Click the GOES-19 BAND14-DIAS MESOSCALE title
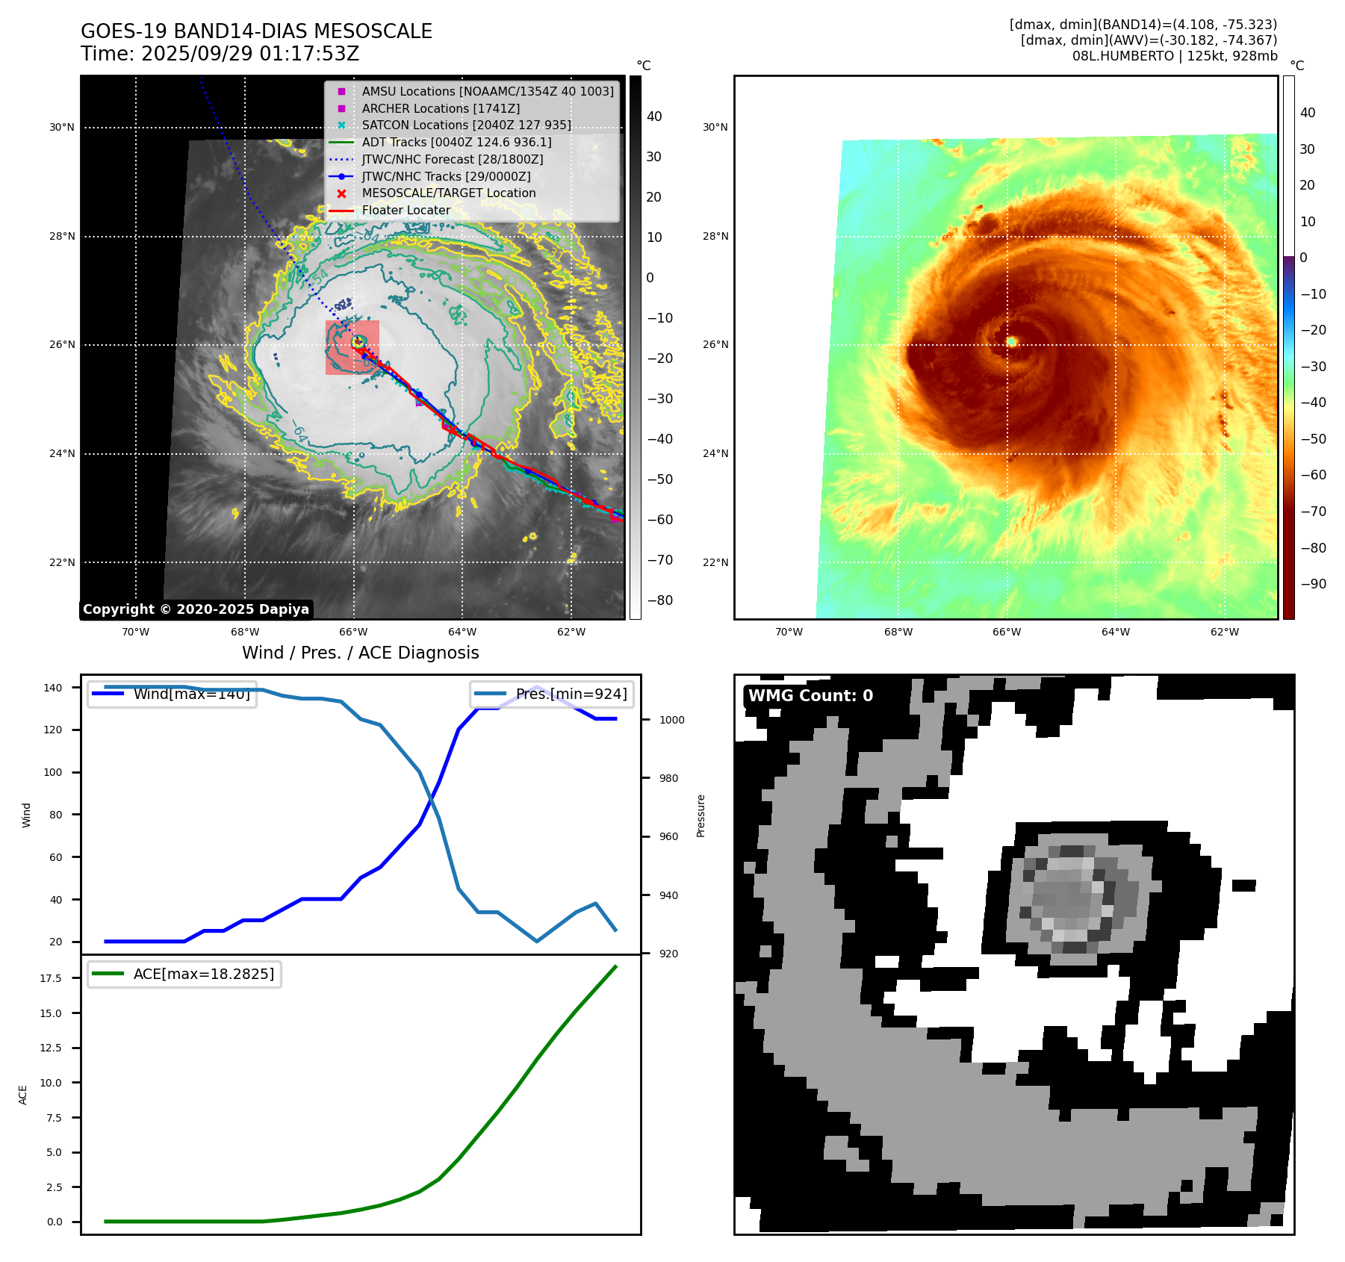(256, 31)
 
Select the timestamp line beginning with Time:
(220, 54)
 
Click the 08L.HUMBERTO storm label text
(1174, 56)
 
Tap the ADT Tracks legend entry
(456, 142)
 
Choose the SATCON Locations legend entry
(466, 125)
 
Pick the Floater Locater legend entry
(406, 211)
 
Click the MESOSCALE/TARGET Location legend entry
(448, 193)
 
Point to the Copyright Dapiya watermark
(196, 609)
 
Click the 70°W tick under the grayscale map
(135, 632)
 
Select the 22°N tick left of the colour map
(715, 562)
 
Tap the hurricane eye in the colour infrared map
(1012, 341)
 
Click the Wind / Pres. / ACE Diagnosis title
(360, 653)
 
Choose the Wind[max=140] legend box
(172, 694)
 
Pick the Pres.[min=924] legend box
(552, 694)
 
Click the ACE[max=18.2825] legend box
(184, 974)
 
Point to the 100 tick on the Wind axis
(52, 772)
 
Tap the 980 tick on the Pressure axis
(668, 778)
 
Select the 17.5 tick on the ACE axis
(51, 978)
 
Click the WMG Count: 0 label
(810, 696)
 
